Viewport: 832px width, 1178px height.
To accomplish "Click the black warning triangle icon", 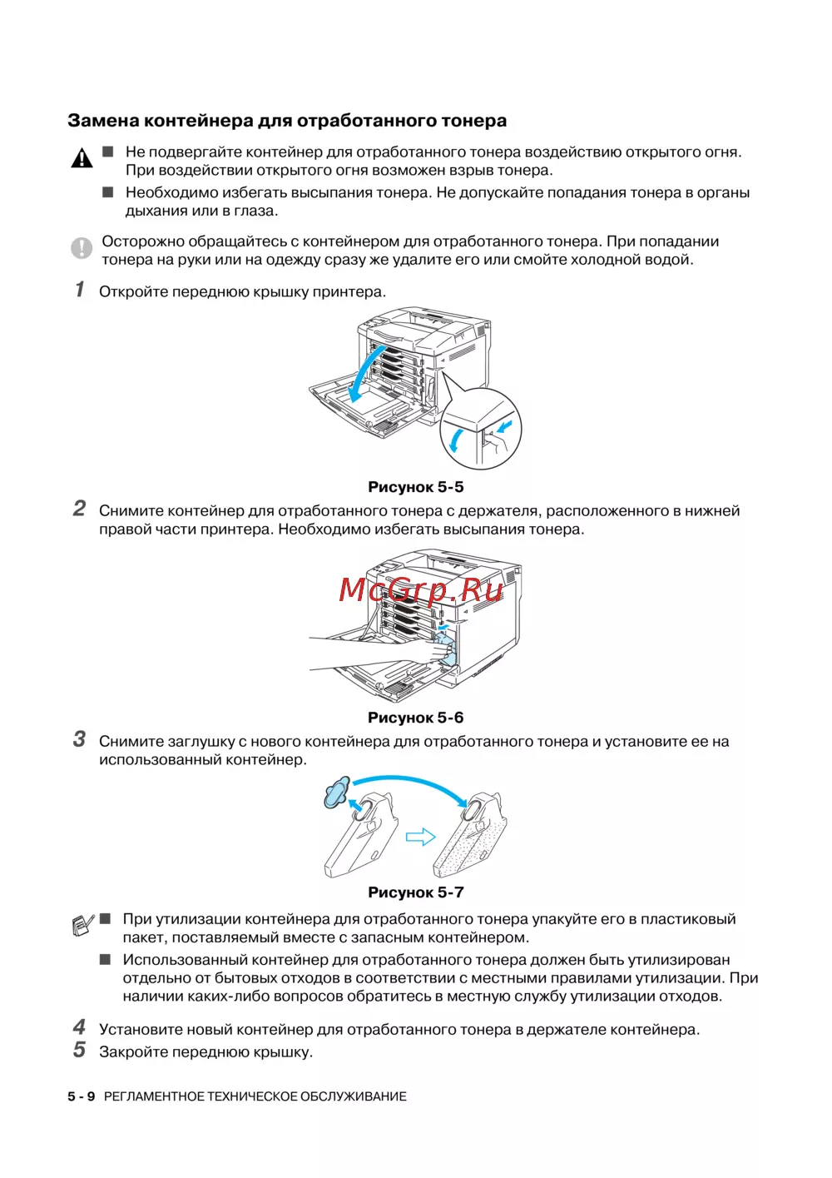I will [82, 157].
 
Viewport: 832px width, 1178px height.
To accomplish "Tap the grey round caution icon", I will [82, 247].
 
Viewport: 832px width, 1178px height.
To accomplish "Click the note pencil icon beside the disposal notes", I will [82, 925].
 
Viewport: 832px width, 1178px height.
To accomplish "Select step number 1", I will [80, 290].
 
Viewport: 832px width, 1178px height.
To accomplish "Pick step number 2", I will [79, 508].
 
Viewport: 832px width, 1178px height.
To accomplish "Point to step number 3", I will [79, 739].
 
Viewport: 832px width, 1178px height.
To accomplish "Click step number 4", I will [79, 1027].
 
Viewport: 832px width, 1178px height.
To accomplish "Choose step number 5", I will [79, 1050].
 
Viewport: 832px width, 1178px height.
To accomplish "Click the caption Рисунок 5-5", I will [415, 487].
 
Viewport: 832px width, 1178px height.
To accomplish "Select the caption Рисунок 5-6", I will [415, 718].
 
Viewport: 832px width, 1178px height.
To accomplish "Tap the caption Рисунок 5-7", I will [415, 892].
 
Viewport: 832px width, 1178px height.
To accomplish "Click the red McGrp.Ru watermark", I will [421, 589].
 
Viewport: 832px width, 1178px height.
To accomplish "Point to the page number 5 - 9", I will [82, 1096].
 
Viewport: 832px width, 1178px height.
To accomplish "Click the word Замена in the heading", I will [103, 121].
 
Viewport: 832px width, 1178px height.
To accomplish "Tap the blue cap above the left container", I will [337, 792].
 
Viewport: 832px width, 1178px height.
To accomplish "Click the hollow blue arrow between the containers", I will [420, 837].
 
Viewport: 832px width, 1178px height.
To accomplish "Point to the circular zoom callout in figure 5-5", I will [480, 429].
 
